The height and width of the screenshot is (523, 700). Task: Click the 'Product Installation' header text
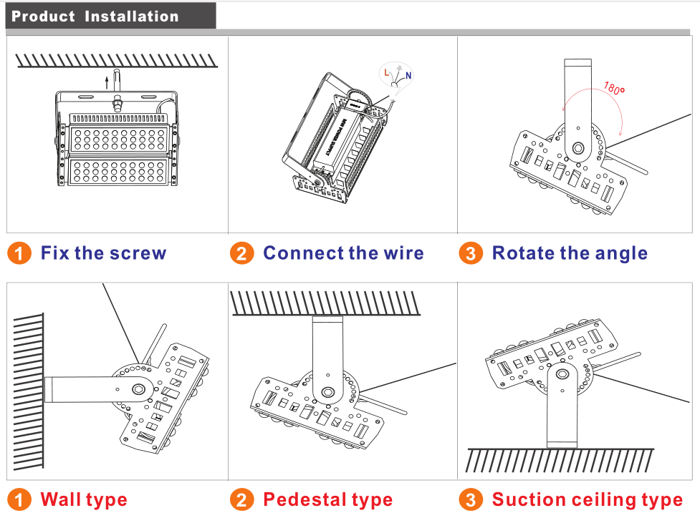point(95,16)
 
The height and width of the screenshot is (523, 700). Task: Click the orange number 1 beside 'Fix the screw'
point(20,253)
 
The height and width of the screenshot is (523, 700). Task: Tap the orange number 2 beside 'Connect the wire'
point(242,253)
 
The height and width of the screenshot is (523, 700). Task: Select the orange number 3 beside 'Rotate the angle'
point(470,253)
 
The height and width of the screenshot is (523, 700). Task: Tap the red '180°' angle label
point(613,89)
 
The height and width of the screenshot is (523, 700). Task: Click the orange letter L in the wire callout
point(387,72)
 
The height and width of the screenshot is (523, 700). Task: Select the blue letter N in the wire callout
point(408,75)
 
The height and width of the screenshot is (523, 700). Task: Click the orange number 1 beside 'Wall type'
point(20,499)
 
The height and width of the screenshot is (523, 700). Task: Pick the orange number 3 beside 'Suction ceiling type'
point(470,499)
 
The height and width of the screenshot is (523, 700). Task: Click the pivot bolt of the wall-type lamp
point(138,389)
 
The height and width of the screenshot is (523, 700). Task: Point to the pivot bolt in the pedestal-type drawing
point(329,393)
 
